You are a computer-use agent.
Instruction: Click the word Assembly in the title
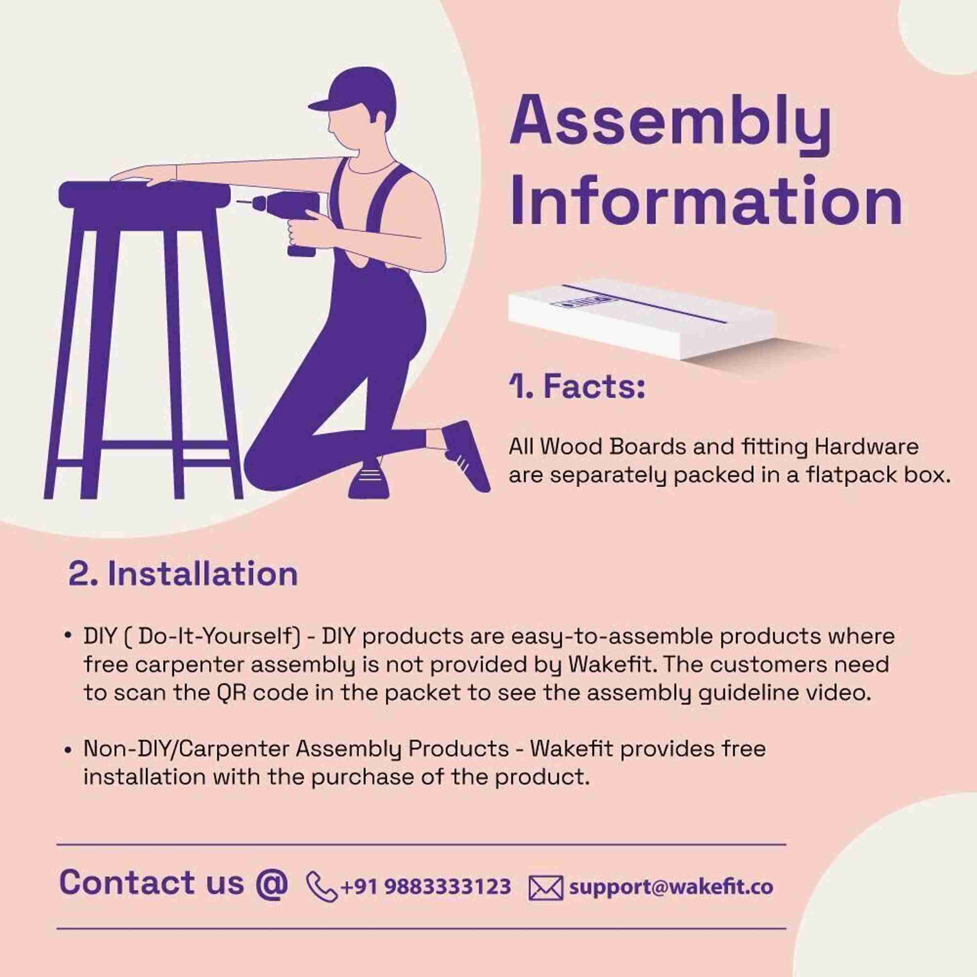(x=670, y=123)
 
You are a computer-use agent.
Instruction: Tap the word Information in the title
(x=705, y=201)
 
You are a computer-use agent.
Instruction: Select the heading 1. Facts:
(x=577, y=387)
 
